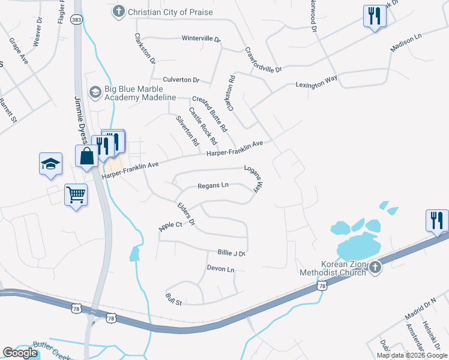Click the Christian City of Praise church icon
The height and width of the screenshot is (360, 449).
[119, 11]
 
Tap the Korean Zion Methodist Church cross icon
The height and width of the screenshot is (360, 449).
[376, 268]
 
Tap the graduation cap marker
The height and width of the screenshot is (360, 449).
[50, 164]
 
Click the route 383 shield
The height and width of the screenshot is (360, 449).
[76, 20]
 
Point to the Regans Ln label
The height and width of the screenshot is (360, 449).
[213, 185]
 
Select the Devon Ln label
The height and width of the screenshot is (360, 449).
[220, 269]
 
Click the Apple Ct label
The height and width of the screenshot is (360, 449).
[170, 226]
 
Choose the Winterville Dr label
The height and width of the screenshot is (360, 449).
[201, 38]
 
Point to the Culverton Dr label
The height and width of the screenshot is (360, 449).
[181, 79]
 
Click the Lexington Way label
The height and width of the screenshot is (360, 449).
[316, 82]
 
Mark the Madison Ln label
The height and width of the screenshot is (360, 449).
[406, 43]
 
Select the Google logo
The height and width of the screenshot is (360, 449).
[20, 353]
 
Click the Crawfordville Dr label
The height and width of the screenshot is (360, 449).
[263, 61]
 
